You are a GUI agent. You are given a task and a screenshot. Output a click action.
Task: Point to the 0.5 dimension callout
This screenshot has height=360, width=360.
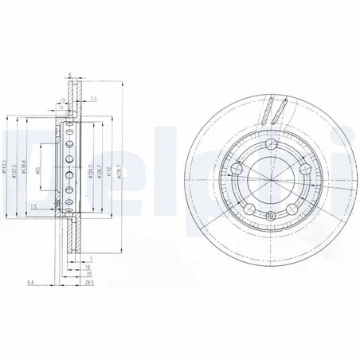[x=93, y=100]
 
